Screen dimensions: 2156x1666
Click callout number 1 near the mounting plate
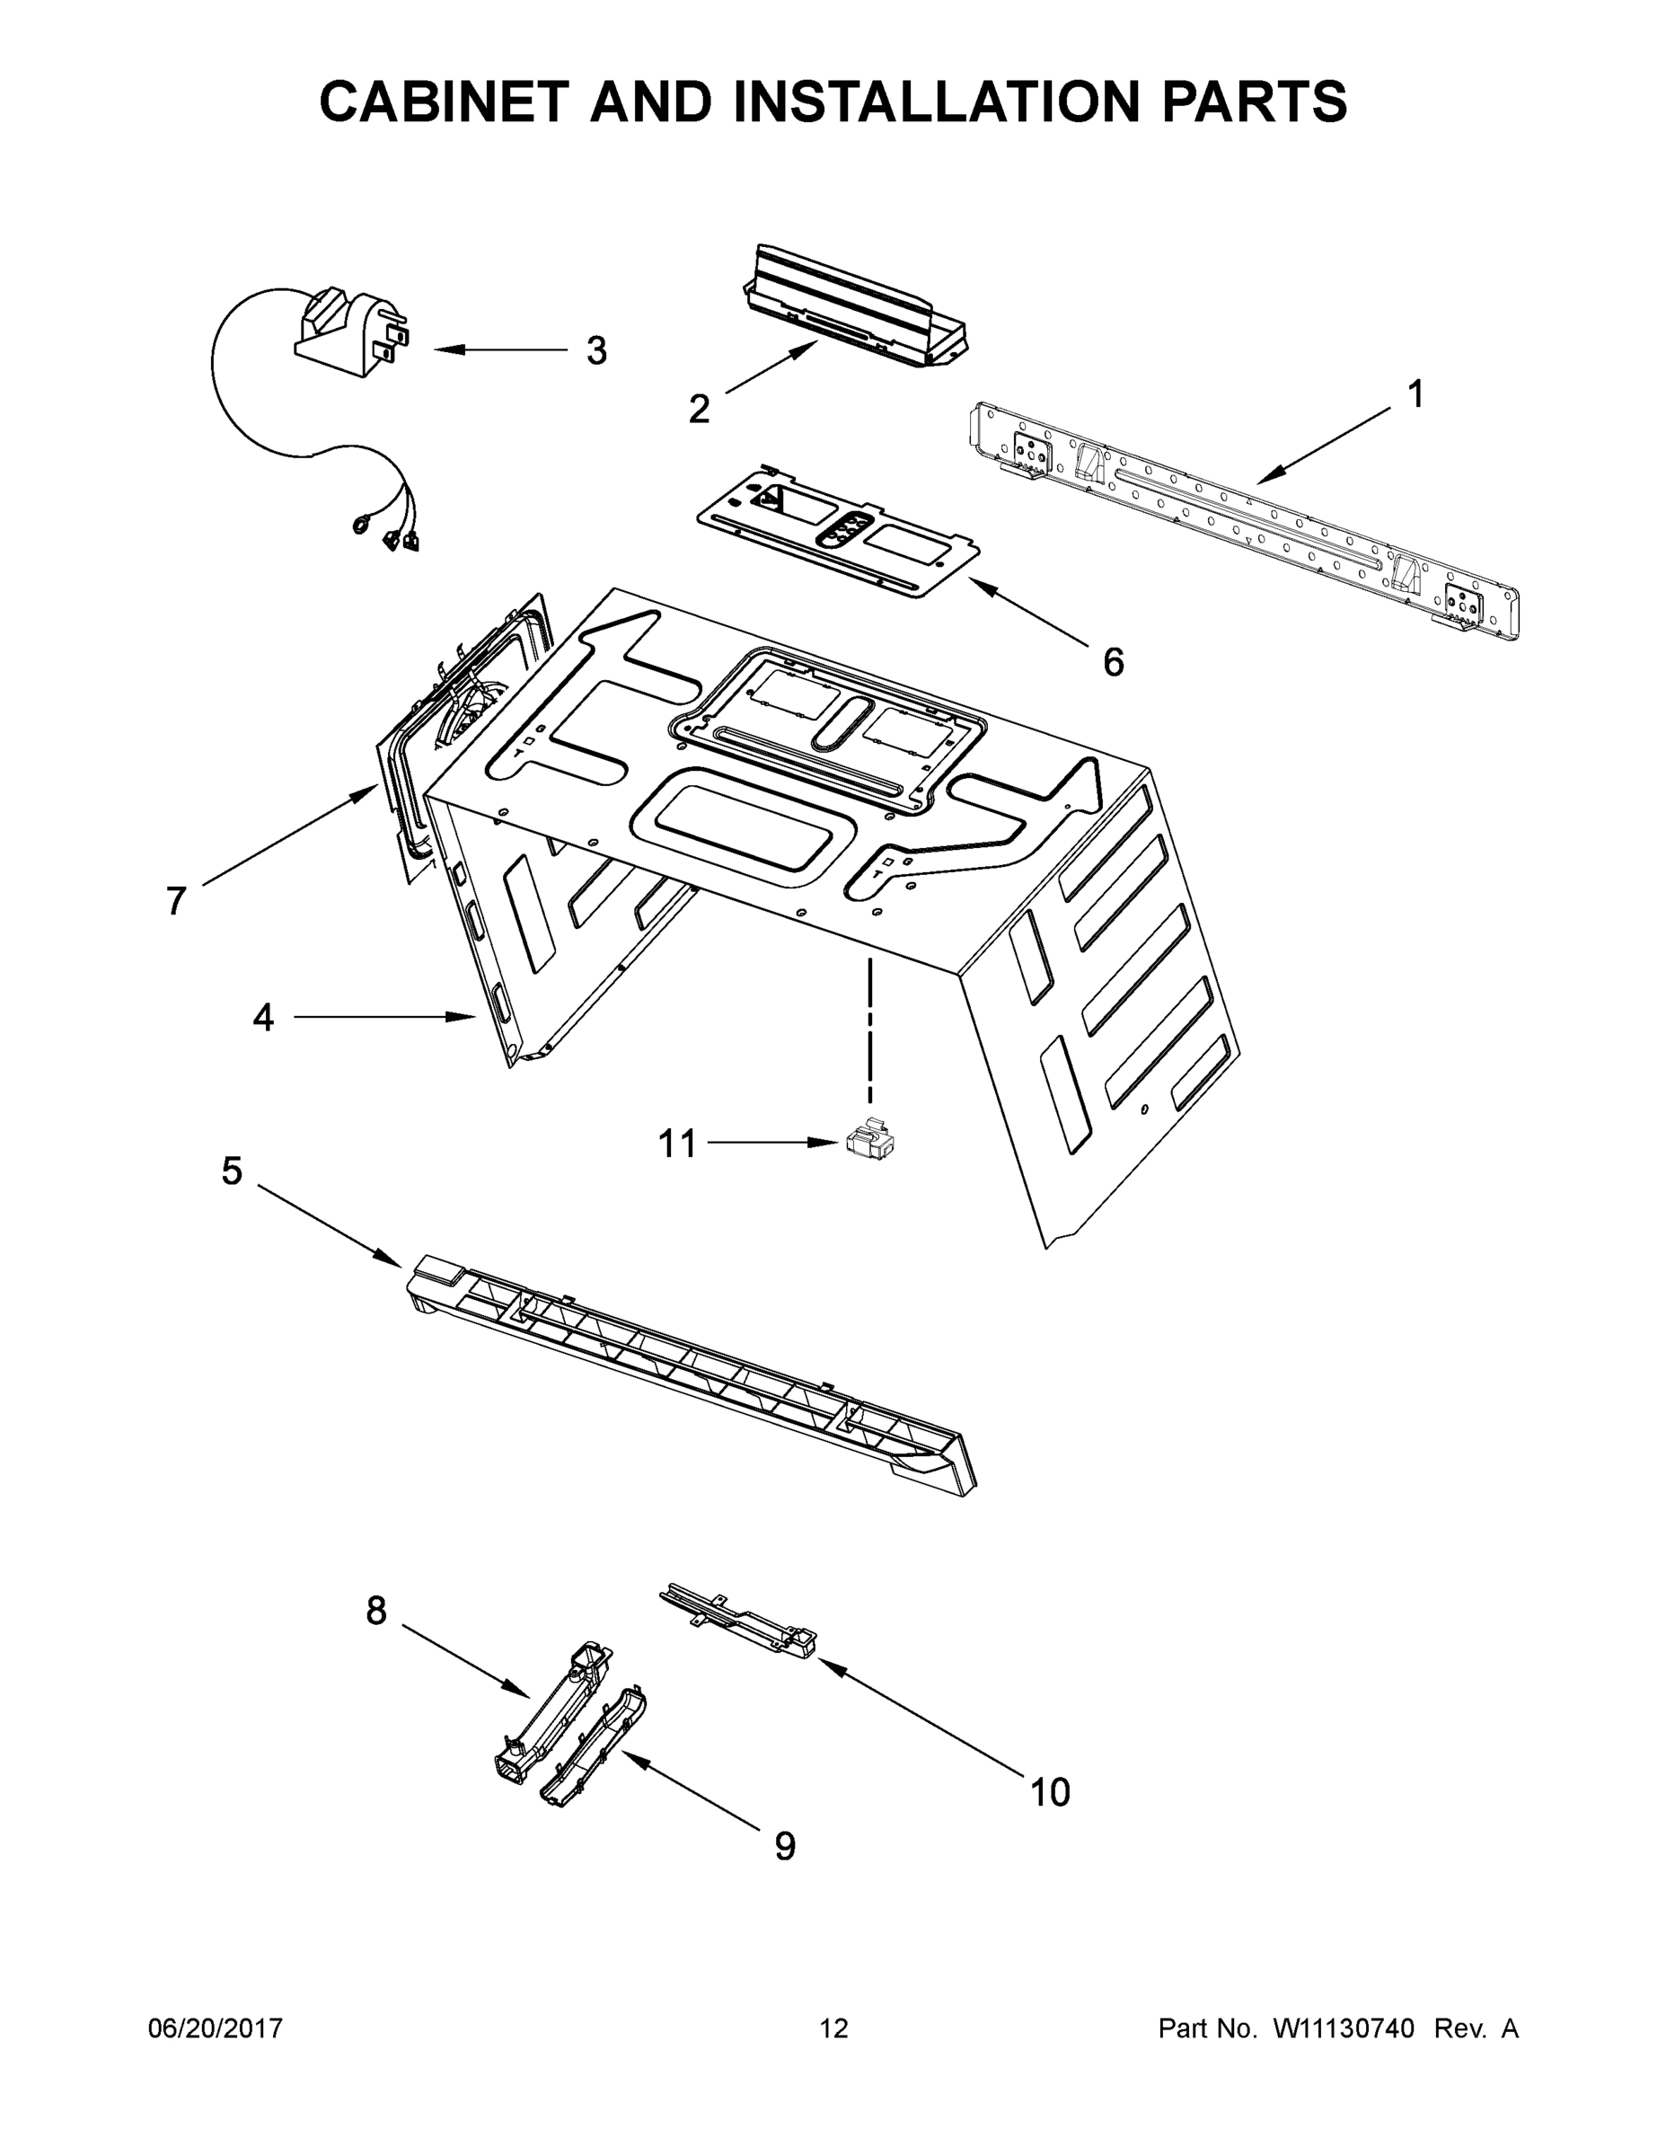click(x=1415, y=395)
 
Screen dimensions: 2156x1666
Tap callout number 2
click(x=699, y=409)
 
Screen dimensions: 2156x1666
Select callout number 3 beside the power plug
click(x=596, y=350)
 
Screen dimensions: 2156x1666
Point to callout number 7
click(x=176, y=900)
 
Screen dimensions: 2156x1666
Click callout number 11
click(x=677, y=1144)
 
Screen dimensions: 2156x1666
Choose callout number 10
click(x=1049, y=1792)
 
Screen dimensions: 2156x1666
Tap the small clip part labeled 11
click(x=869, y=1140)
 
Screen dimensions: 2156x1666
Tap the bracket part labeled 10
click(x=740, y=1619)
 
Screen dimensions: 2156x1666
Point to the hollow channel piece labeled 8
click(x=552, y=1713)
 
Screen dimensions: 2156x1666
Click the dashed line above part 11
click(x=869, y=1027)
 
